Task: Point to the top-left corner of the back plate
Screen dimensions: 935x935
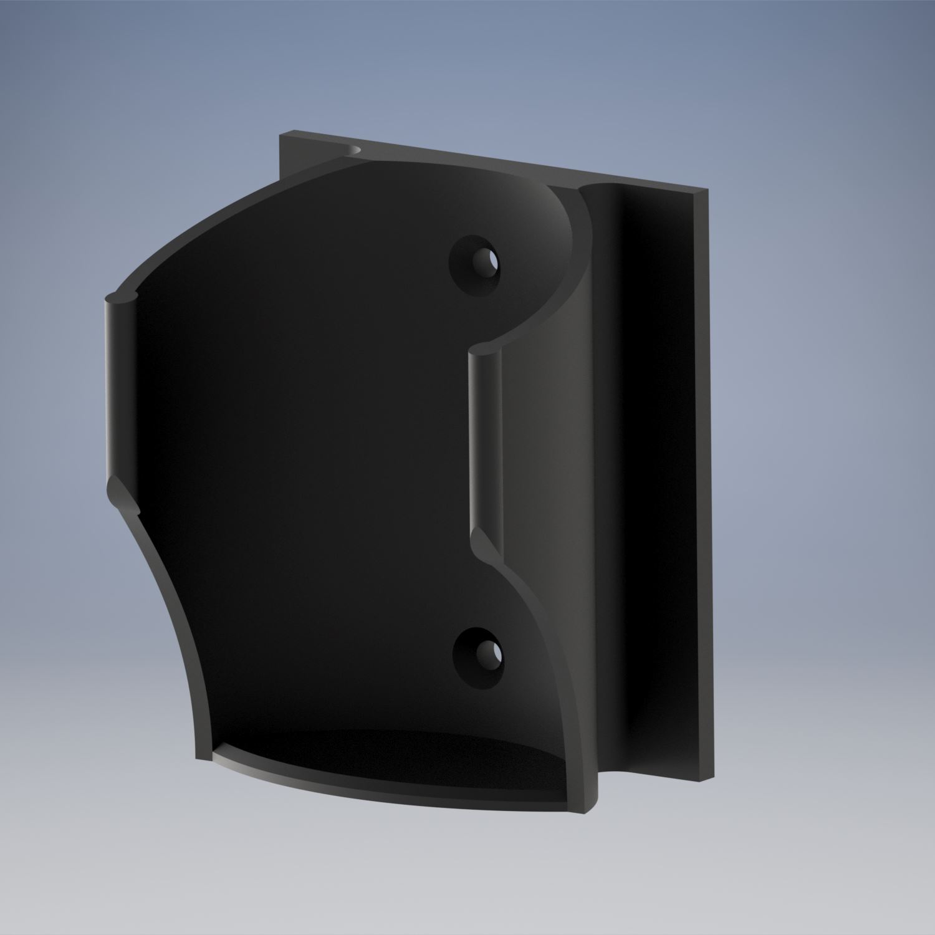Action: (x=280, y=133)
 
